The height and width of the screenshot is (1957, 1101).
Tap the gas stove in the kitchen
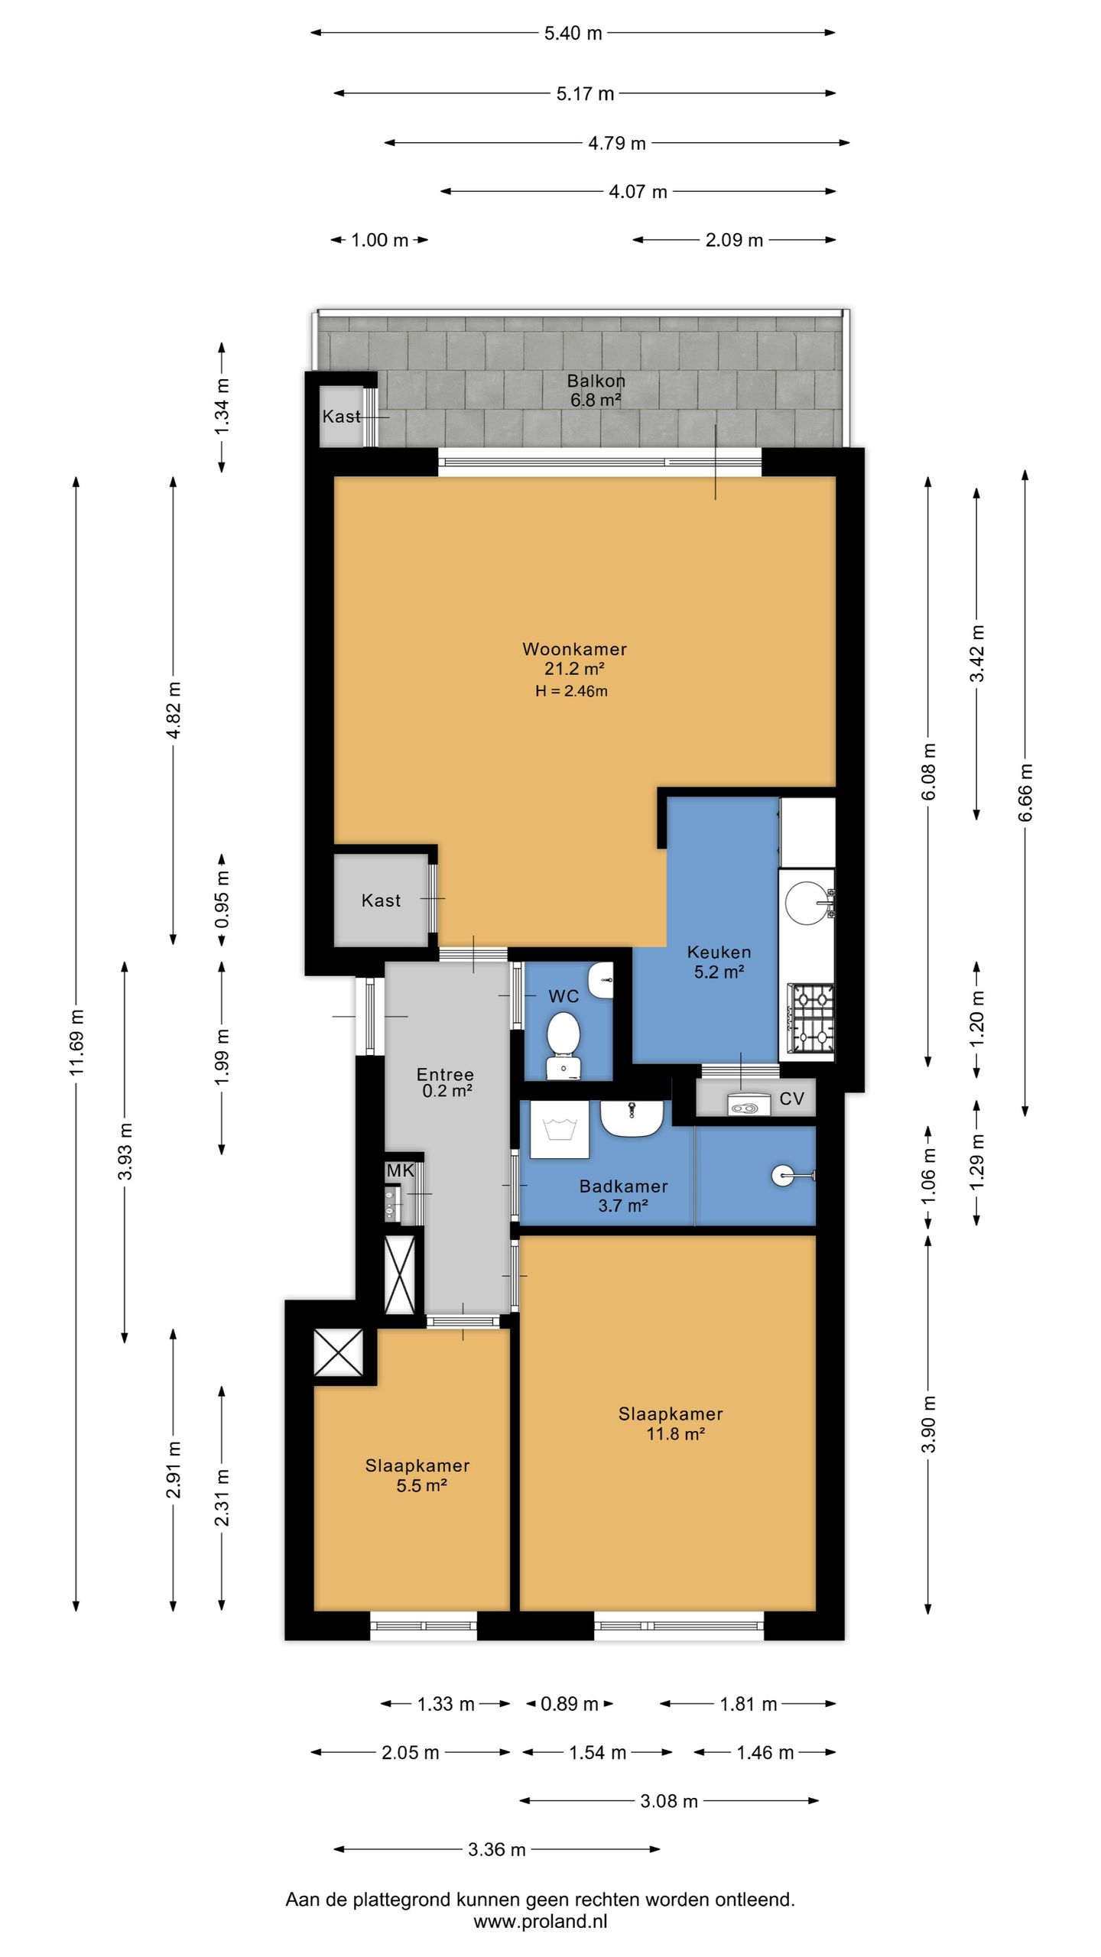[811, 1019]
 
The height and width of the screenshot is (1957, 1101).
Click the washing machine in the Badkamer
[559, 1130]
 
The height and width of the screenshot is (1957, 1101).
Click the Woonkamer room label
[574, 649]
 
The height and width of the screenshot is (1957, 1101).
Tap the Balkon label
[596, 381]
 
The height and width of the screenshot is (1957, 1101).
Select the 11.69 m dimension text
[76, 1042]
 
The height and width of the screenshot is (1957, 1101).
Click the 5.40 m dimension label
[573, 33]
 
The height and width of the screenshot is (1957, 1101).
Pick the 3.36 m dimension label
[497, 1849]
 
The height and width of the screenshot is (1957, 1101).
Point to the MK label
[400, 1170]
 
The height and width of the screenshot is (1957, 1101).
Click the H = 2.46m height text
[572, 691]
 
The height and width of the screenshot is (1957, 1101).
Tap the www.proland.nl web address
[541, 1921]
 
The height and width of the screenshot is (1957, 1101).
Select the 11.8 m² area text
[675, 1434]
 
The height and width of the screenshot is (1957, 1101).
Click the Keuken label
[719, 953]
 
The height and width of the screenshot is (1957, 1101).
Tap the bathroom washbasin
[632, 1118]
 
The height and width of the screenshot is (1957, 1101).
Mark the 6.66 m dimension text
[1025, 793]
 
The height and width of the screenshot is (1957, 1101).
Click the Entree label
[445, 1074]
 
